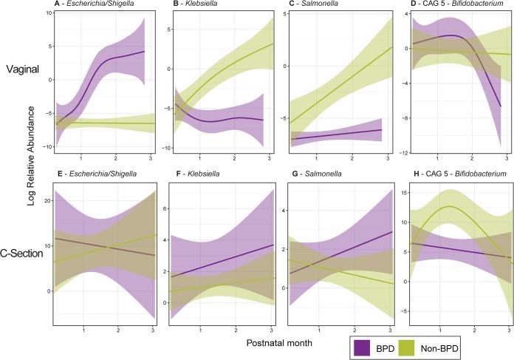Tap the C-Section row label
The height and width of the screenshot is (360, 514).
23,253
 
